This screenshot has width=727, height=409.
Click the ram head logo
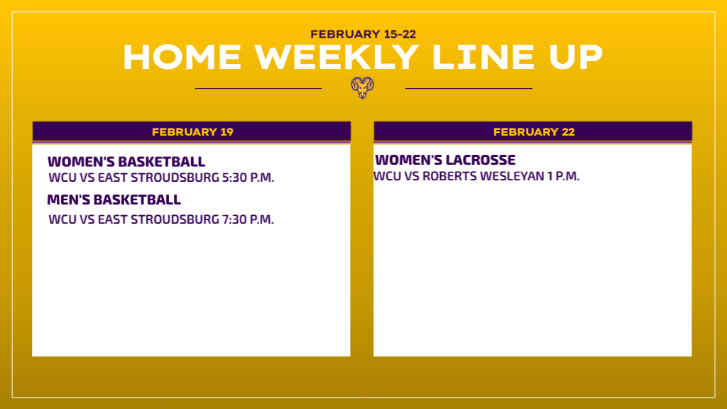click(x=363, y=87)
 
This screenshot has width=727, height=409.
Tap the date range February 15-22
click(x=363, y=34)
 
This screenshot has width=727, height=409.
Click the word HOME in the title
click(x=182, y=58)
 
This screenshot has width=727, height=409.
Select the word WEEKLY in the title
click(x=337, y=58)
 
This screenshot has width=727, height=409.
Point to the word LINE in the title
click(x=483, y=58)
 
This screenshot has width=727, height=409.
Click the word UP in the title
click(x=575, y=58)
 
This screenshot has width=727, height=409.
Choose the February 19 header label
click(x=192, y=132)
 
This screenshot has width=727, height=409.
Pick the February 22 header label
click(x=534, y=132)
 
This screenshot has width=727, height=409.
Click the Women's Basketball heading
click(x=126, y=162)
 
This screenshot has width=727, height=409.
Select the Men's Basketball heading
click(x=114, y=200)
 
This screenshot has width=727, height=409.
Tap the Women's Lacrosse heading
click(x=445, y=160)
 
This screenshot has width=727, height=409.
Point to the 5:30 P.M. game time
click(x=248, y=178)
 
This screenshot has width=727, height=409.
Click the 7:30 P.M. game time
click(x=248, y=219)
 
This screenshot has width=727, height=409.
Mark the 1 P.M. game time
click(x=563, y=176)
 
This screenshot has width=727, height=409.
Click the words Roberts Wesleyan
click(x=483, y=176)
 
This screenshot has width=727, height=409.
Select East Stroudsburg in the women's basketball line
click(x=158, y=178)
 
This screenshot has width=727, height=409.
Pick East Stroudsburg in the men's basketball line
click(x=158, y=219)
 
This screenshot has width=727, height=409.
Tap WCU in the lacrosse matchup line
click(x=387, y=176)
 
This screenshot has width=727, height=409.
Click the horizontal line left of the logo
click(x=258, y=88)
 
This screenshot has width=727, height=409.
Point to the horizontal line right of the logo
click(x=469, y=88)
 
